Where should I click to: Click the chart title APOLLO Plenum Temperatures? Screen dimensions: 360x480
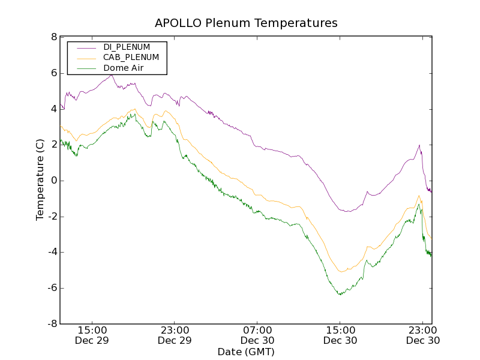point(246,23)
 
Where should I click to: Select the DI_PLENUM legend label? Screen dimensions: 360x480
point(127,47)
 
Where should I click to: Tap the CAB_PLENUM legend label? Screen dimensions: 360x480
point(131,58)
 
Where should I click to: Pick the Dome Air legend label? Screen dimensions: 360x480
point(124,68)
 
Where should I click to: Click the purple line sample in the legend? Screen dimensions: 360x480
point(86,47)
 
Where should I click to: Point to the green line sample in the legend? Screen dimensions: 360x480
point(86,68)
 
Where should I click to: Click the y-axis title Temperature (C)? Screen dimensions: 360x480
point(40,180)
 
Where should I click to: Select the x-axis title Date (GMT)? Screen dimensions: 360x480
point(246,352)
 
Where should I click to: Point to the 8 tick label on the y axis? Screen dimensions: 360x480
point(54,37)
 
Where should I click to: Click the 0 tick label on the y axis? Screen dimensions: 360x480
point(54,181)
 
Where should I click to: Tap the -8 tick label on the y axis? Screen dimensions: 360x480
point(52,324)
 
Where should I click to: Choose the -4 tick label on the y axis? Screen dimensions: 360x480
point(52,252)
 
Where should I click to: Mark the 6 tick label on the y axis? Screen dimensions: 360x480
point(54,73)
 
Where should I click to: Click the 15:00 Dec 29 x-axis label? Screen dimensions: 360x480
point(92,335)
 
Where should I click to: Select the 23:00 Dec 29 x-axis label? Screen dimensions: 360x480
point(175,335)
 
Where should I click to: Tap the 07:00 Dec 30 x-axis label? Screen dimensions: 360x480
point(258,335)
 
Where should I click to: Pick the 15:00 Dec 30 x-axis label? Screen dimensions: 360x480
point(340,335)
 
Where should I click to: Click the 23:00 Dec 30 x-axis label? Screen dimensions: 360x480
point(422,335)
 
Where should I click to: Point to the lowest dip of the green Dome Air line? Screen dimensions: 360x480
point(340,295)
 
